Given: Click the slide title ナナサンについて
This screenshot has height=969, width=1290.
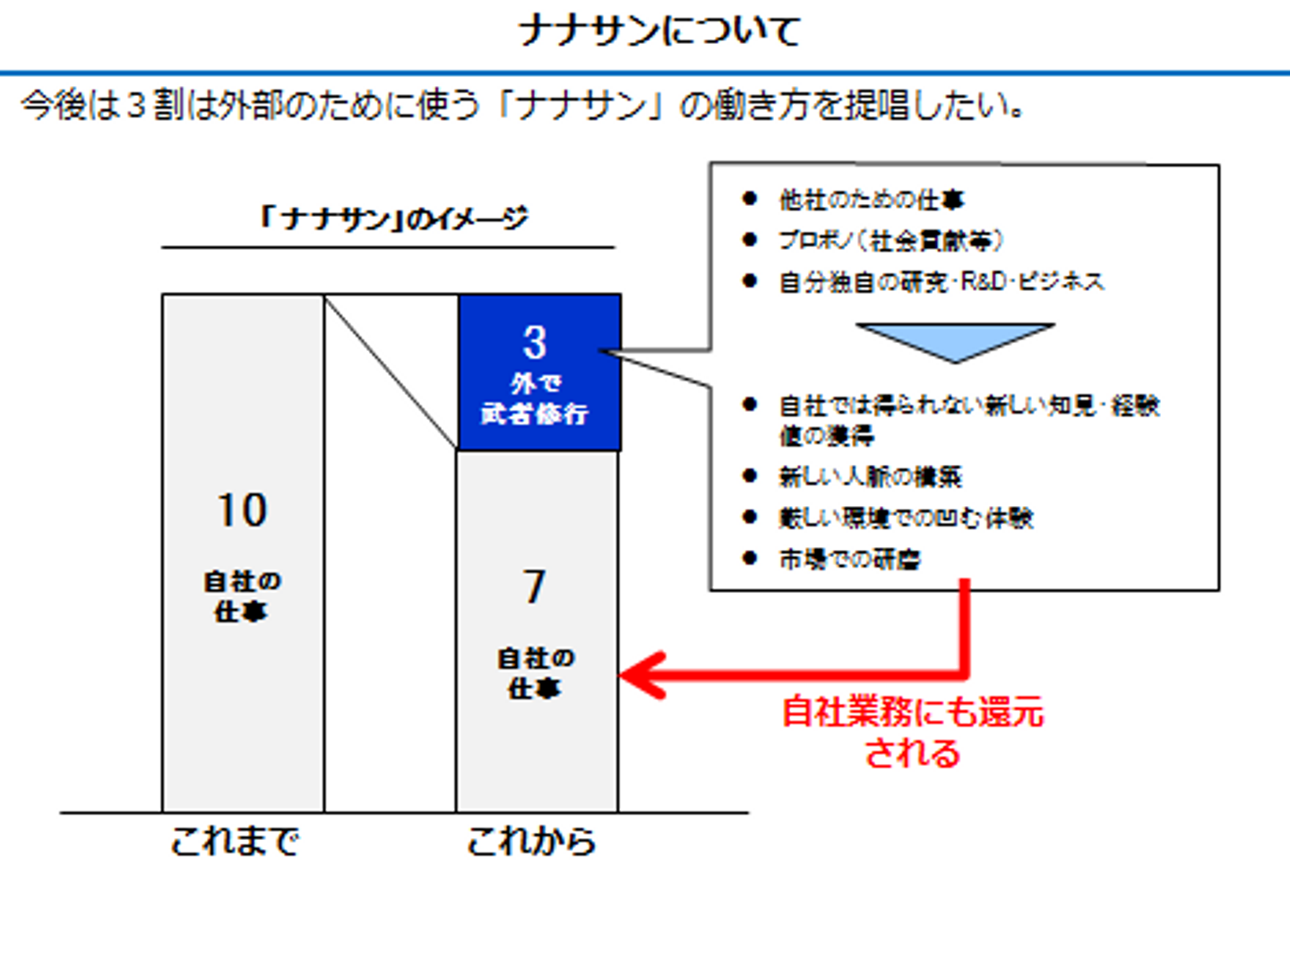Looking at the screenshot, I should [658, 31].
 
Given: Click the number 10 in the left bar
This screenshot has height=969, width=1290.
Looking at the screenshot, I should [242, 510].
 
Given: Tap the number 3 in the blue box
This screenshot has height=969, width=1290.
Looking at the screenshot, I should [535, 342].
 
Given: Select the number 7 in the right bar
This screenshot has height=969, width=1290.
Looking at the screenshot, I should [535, 587].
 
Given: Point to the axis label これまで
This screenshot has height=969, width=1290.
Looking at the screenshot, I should [235, 842].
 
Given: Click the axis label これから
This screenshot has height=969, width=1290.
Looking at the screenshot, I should [531, 842].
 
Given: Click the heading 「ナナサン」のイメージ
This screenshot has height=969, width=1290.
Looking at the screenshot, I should [391, 219].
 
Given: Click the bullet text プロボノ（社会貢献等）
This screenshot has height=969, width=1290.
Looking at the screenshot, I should [890, 240].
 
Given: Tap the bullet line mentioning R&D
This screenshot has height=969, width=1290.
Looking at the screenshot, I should [941, 282].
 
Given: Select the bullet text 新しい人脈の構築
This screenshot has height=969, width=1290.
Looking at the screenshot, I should [870, 476].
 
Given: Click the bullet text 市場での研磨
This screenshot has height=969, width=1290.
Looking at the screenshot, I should [849, 560].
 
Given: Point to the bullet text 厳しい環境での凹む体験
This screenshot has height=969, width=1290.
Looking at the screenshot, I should [906, 518].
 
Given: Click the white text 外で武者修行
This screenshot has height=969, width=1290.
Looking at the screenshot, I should [535, 399].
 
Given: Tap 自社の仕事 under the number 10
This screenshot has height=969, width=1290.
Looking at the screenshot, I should [242, 596].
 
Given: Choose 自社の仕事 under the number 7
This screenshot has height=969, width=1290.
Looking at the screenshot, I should [535, 673].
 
